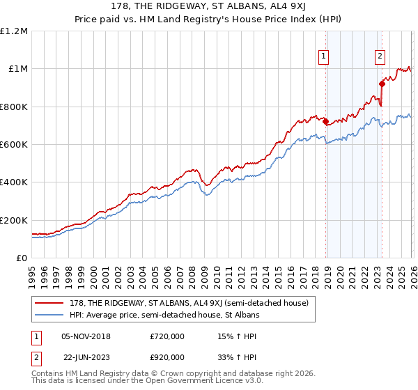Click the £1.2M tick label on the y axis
(x=14, y=31)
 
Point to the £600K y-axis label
(x=14, y=145)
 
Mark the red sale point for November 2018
(x=325, y=121)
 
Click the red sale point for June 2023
(x=382, y=84)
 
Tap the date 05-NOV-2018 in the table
(x=86, y=336)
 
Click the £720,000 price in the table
(x=167, y=336)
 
